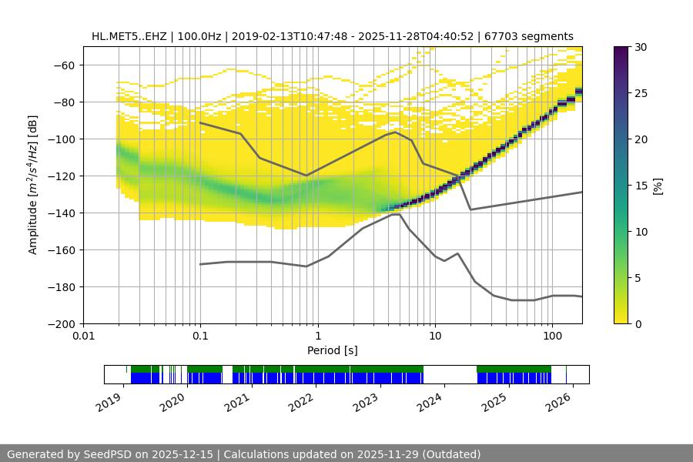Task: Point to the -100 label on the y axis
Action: click(62, 139)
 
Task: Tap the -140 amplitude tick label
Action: click(62, 213)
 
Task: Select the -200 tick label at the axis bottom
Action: click(62, 323)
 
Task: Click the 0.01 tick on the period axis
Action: click(83, 336)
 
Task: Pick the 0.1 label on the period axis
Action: click(200, 336)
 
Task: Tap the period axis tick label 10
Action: click(435, 336)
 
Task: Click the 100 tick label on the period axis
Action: click(552, 336)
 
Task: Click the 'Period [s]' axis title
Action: click(332, 350)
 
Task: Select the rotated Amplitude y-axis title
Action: click(33, 185)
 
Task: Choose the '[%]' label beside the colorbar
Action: click(658, 185)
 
